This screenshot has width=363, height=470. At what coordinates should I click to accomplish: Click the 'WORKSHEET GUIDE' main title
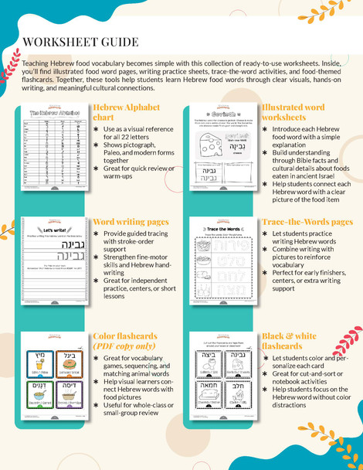[x=81, y=42]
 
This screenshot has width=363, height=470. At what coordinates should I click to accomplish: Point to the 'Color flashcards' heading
[x=125, y=336]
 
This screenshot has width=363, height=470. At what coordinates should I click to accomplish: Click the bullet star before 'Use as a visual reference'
[x=96, y=129]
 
